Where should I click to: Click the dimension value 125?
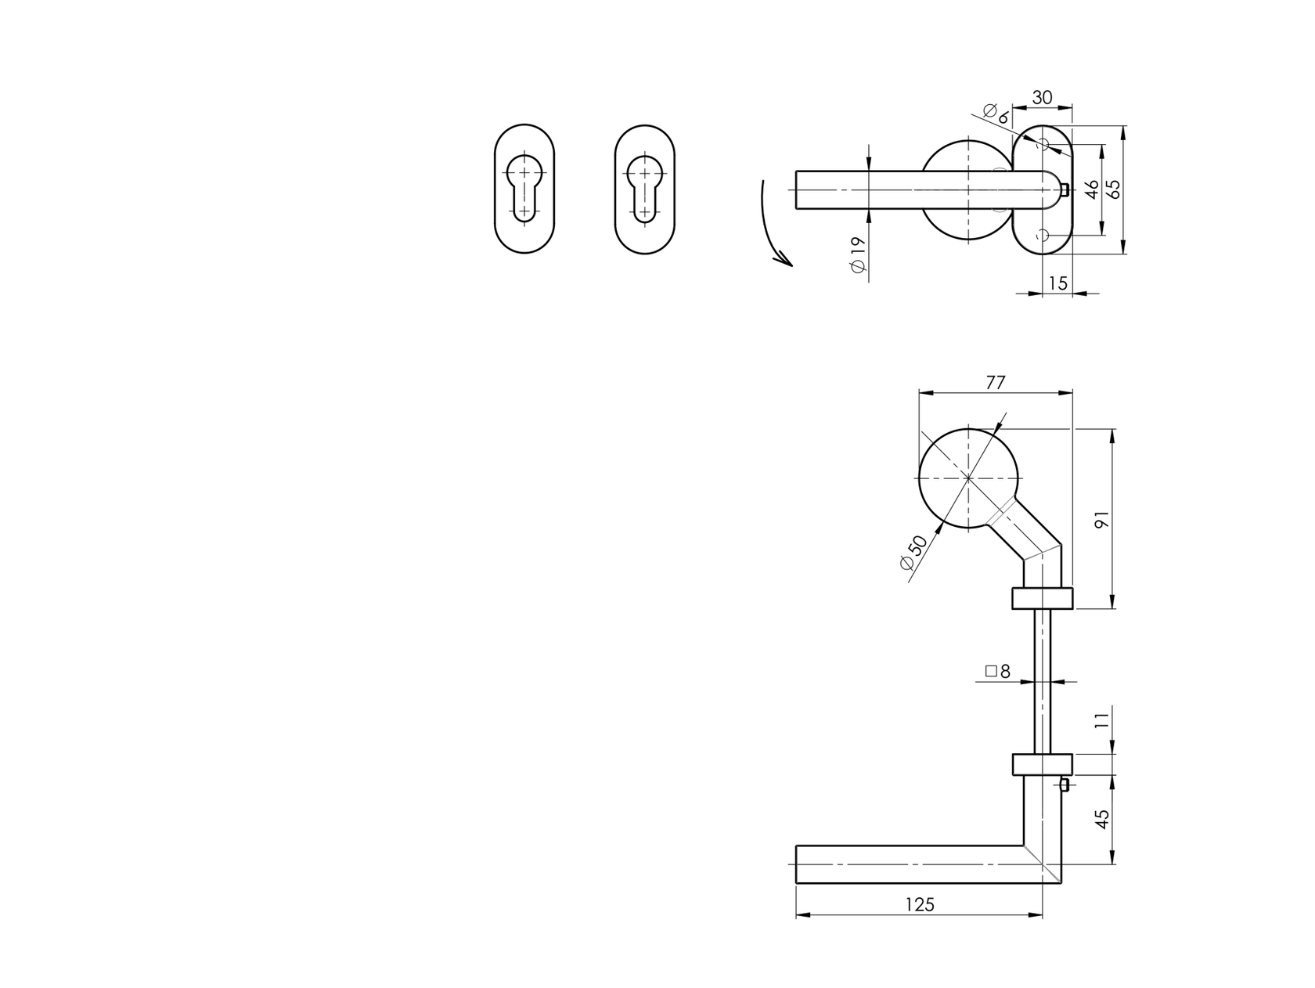(x=920, y=905)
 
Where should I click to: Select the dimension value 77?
(x=995, y=383)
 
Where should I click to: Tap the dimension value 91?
(x=1102, y=519)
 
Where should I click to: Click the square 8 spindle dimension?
(x=998, y=671)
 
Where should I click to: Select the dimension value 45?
(x=1102, y=819)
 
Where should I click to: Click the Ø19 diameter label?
(x=857, y=254)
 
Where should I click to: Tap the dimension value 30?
(x=1042, y=98)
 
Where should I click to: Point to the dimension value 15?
(x=1057, y=283)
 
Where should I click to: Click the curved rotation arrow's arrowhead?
(x=783, y=259)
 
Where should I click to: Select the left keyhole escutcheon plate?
(x=524, y=189)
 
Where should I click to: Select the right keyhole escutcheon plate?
(x=644, y=189)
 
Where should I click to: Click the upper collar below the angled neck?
(x=1042, y=598)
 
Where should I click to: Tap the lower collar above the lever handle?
(x=1042, y=764)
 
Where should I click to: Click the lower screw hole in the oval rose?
(x=1042, y=235)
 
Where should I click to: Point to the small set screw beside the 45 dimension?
(x=1065, y=784)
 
